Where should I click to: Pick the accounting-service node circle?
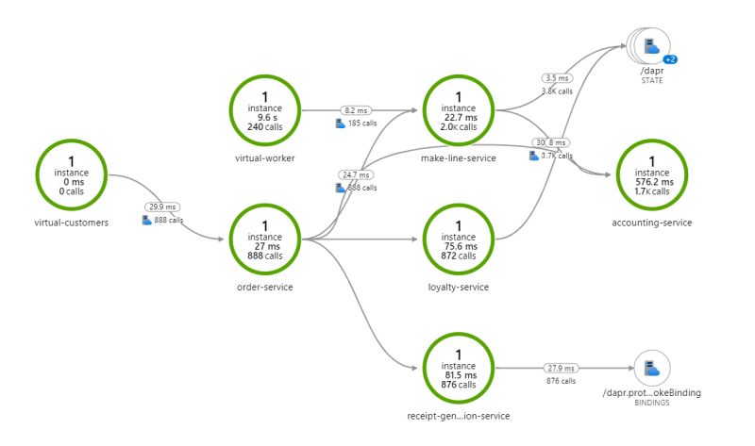(652, 173)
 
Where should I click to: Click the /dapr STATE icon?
(649, 44)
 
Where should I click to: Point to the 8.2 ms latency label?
(356, 109)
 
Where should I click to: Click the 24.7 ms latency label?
(356, 174)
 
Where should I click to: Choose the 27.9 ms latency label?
(562, 369)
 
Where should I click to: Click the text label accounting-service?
(652, 223)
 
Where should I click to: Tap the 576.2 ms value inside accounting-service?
(653, 182)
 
